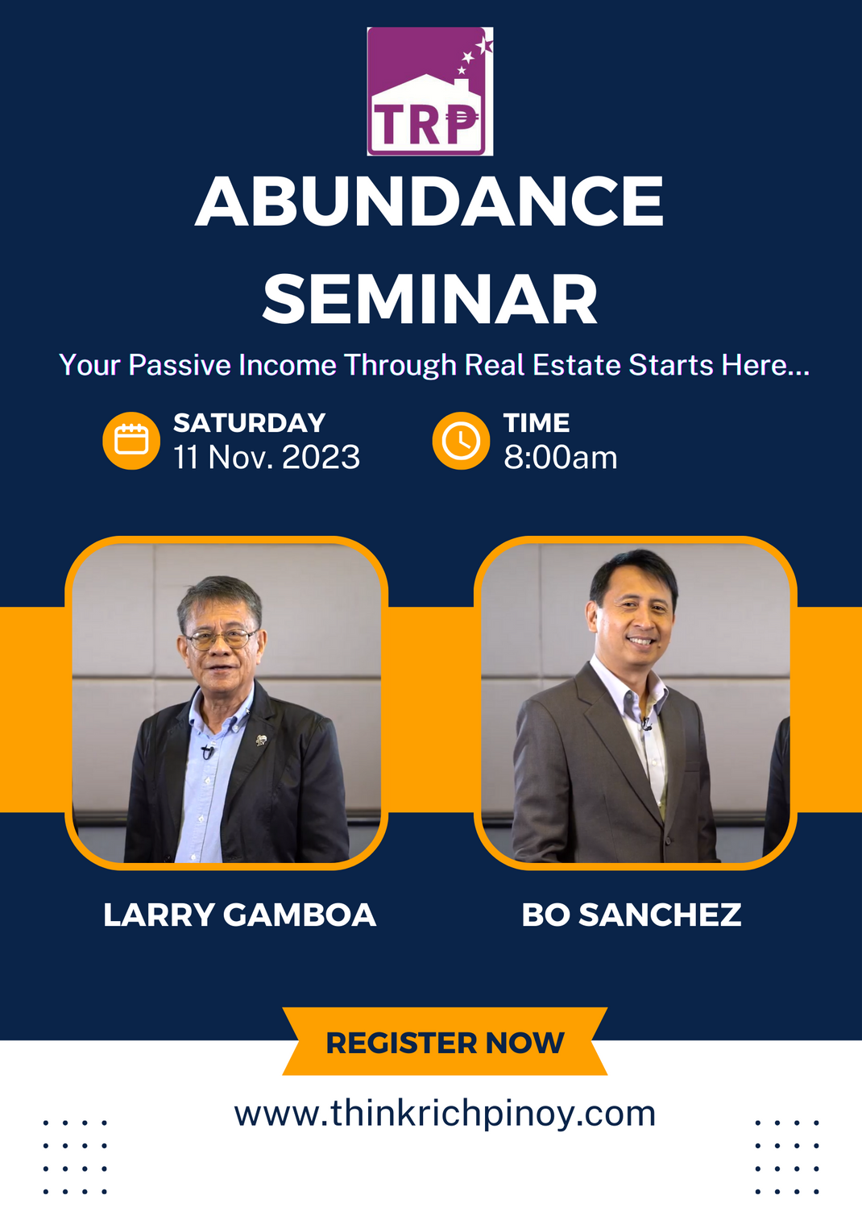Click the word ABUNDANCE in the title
pos(429,202)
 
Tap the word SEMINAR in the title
pos(429,300)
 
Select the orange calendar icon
pos(131,441)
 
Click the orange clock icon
pos(461,441)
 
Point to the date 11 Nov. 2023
pos(267,458)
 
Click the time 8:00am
pos(560,458)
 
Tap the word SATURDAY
pos(249,423)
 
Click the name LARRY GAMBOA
pos(239,915)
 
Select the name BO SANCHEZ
pos(631,915)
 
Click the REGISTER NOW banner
pos(445,1043)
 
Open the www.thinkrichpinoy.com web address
pos(445,1114)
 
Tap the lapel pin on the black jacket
pos(261,740)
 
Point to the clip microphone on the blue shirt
pos(208,752)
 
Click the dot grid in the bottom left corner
pos(74,1156)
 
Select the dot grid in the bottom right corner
pos(787,1156)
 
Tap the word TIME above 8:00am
pos(537,423)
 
